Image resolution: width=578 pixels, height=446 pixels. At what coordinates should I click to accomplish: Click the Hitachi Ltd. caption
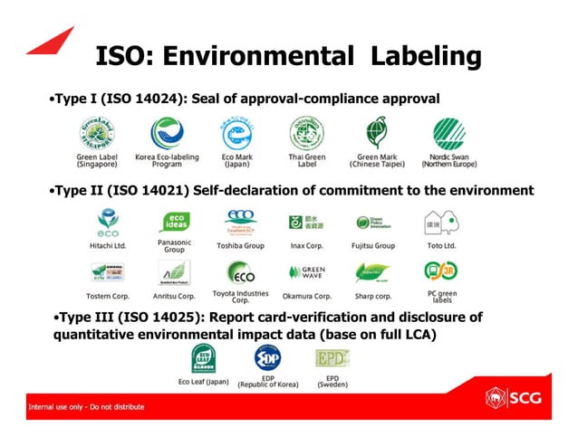107,245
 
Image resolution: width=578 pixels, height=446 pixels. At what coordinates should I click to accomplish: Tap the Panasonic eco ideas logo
174,222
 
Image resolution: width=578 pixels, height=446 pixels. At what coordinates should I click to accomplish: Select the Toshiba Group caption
240,245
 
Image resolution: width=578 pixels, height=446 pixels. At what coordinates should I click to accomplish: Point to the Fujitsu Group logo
372,223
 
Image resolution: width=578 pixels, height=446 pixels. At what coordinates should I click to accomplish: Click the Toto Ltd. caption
440,245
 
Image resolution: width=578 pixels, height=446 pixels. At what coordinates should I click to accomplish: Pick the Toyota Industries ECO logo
240,272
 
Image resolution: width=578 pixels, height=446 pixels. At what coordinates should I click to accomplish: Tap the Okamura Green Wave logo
306,271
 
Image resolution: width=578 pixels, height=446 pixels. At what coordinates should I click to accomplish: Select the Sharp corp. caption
372,296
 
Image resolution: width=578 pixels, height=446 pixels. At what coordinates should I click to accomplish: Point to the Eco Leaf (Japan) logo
203,357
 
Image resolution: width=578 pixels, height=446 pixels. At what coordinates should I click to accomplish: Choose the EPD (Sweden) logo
332,358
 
